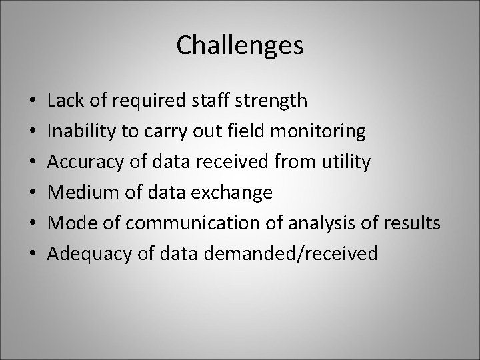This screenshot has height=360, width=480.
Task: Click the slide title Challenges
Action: (240, 45)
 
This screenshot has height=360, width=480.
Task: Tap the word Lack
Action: (64, 101)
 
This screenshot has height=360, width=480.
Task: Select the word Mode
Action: (69, 223)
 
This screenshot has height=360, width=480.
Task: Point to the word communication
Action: (178, 223)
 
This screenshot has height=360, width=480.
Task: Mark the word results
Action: (411, 223)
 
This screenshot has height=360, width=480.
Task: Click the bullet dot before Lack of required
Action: (33, 102)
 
